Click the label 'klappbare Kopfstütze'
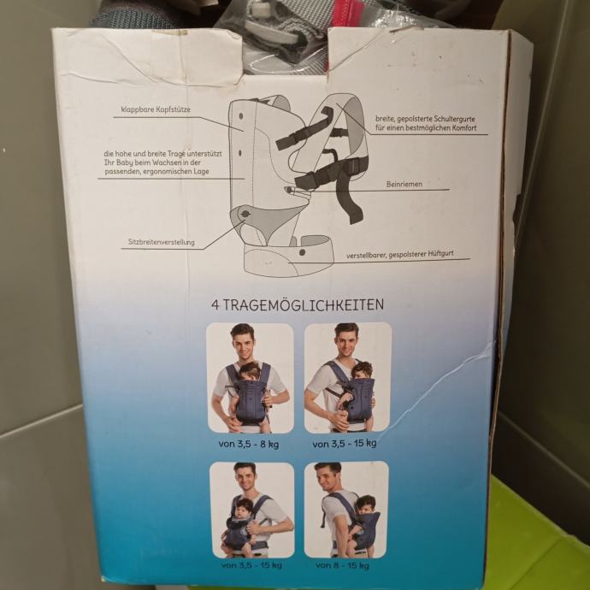coord(156,109)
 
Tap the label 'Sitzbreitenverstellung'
coord(162,242)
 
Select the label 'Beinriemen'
coord(404,184)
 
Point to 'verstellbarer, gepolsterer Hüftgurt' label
coord(400,254)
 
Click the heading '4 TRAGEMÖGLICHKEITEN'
coord(298,304)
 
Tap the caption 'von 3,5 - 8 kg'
coord(249,444)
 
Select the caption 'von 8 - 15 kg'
coord(342,565)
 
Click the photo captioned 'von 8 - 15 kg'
coord(346,510)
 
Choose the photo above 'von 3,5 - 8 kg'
coord(250,378)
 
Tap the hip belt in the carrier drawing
coord(289,257)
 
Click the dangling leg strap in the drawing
coord(350,197)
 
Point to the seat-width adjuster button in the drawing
coord(245,214)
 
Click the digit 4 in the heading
coord(215,305)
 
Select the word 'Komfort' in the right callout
coord(462,128)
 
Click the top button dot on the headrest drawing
coord(241,116)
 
